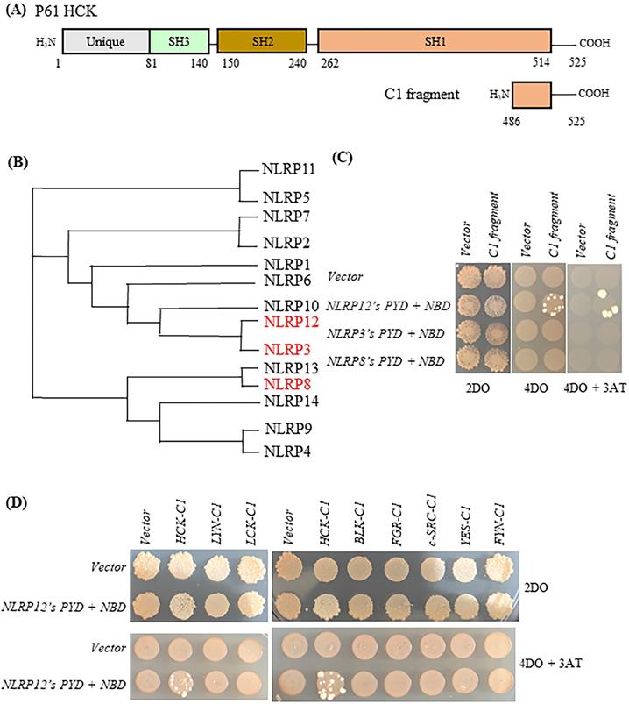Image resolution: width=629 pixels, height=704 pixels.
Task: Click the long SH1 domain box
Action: click(x=435, y=42)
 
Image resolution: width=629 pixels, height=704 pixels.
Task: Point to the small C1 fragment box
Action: click(x=531, y=96)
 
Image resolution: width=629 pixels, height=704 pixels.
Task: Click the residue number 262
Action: click(x=329, y=64)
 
